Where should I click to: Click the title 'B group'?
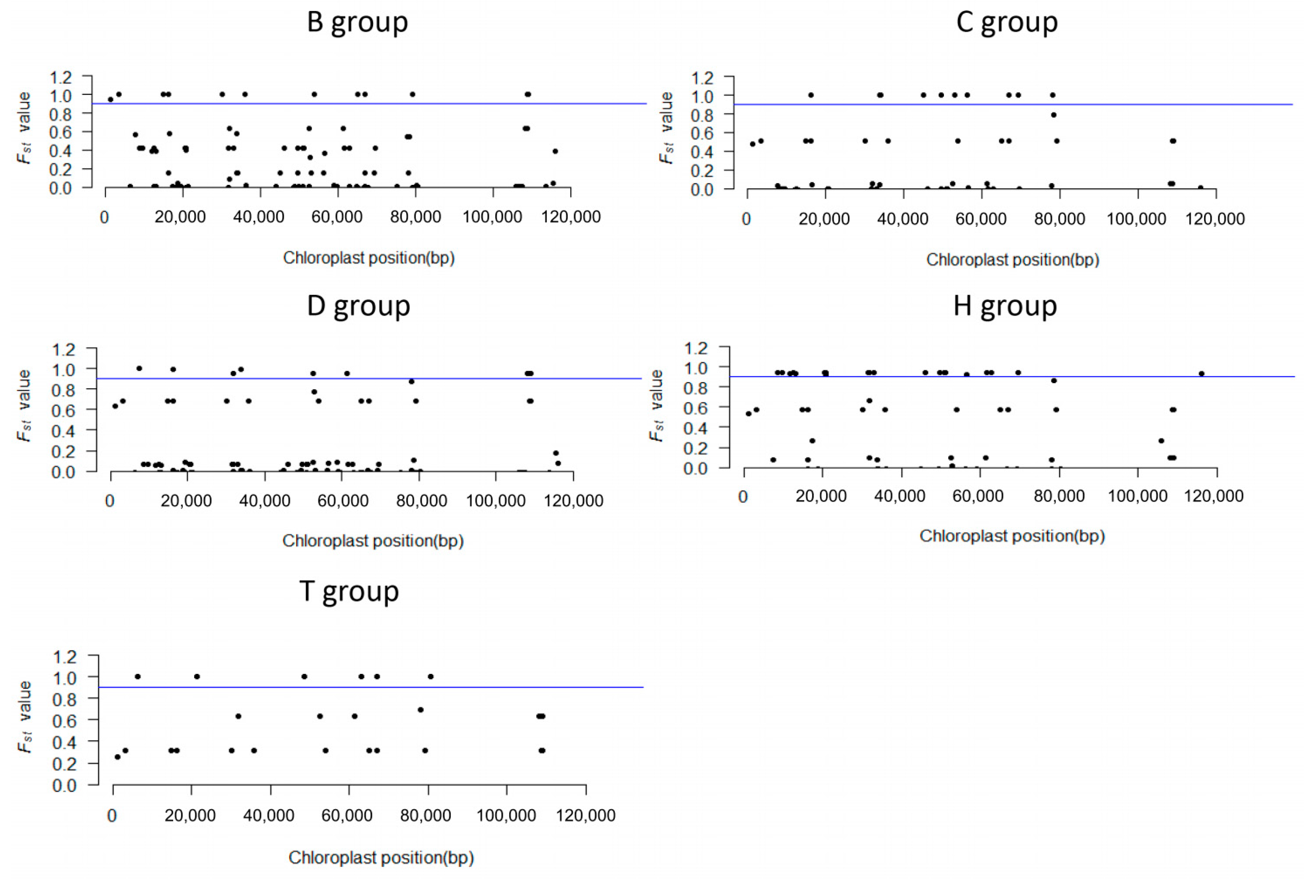(x=357, y=22)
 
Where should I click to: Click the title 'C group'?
(x=1007, y=22)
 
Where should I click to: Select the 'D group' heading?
(x=359, y=306)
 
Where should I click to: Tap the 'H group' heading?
(x=1005, y=306)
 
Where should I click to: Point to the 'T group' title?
(x=349, y=592)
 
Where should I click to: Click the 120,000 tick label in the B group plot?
(x=571, y=217)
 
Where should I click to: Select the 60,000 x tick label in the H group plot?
(x=978, y=496)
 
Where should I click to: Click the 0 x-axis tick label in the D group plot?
(x=110, y=500)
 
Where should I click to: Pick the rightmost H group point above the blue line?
(x=1201, y=373)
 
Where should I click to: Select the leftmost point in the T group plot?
(x=117, y=757)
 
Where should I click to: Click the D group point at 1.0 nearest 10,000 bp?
(x=139, y=368)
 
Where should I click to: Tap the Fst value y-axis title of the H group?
(x=656, y=405)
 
